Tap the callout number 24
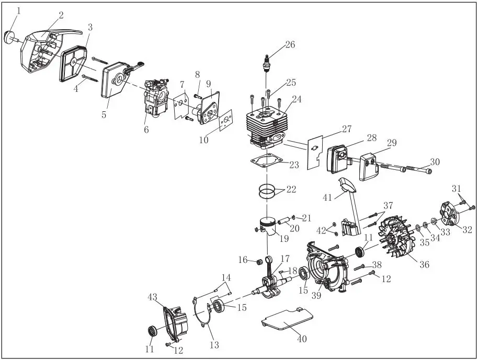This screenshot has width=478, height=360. tap(297, 99)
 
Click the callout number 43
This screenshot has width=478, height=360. tap(152, 297)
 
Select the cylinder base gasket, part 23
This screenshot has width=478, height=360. tap(268, 162)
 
